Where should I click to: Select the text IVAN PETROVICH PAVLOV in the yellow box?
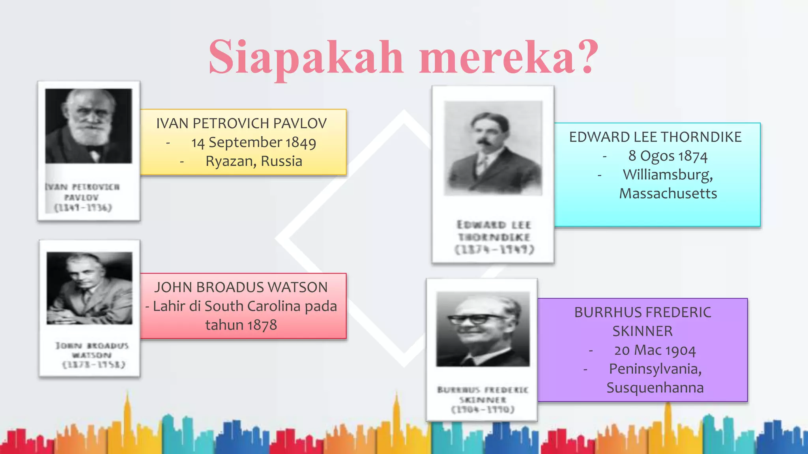pyautogui.click(x=241, y=124)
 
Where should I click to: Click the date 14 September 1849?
pyautogui.click(x=254, y=143)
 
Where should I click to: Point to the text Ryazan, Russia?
pyautogui.click(x=254, y=162)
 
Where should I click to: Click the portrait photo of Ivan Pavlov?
pyautogui.click(x=89, y=126)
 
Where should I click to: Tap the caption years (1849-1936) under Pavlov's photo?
pyautogui.click(x=83, y=208)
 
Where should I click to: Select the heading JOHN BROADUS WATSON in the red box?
pyautogui.click(x=241, y=288)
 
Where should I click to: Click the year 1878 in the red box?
pyautogui.click(x=262, y=326)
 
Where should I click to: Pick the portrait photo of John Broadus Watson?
pyautogui.click(x=90, y=288)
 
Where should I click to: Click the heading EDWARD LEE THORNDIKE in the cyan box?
pyautogui.click(x=655, y=137)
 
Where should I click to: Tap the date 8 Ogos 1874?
pyautogui.click(x=668, y=156)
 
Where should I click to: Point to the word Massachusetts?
pyautogui.click(x=668, y=194)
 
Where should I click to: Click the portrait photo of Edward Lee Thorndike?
pyautogui.click(x=493, y=148)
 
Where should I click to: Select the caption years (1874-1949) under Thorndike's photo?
pyautogui.click(x=494, y=250)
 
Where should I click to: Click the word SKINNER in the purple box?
pyautogui.click(x=642, y=331)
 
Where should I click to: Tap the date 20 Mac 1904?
pyautogui.click(x=655, y=350)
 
